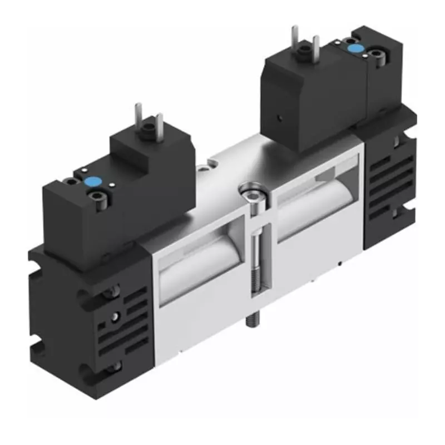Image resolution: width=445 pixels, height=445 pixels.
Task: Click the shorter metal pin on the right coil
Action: [317, 47]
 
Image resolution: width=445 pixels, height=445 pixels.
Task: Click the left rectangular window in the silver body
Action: [197, 261]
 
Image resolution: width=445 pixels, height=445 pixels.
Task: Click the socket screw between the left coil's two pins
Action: [149, 132]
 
